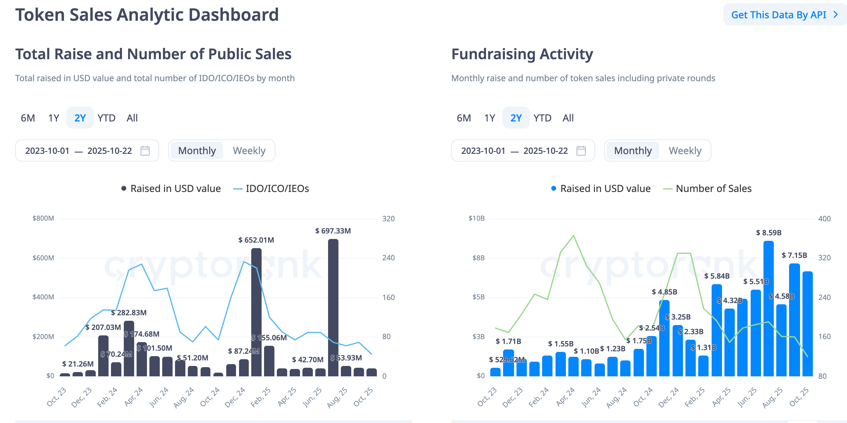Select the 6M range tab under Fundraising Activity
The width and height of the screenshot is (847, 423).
point(464,118)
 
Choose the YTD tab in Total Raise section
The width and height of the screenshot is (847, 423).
point(106,118)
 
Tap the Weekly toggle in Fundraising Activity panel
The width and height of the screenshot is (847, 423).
point(685,151)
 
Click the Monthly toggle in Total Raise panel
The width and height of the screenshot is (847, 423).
point(197,151)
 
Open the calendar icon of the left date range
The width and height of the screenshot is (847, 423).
point(145,151)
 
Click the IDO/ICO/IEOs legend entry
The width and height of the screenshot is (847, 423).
point(271,189)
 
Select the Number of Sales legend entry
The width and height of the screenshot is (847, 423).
point(708,189)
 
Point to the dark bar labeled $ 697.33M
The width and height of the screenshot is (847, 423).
point(333,306)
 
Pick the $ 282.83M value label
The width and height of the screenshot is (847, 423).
point(129,313)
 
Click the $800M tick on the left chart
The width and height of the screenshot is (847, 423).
point(43,218)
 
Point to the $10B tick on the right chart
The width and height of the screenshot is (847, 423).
point(477,218)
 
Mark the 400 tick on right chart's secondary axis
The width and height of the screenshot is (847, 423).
point(824,219)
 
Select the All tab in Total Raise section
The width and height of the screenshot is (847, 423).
point(132,118)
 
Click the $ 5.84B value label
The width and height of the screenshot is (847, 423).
point(717,276)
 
